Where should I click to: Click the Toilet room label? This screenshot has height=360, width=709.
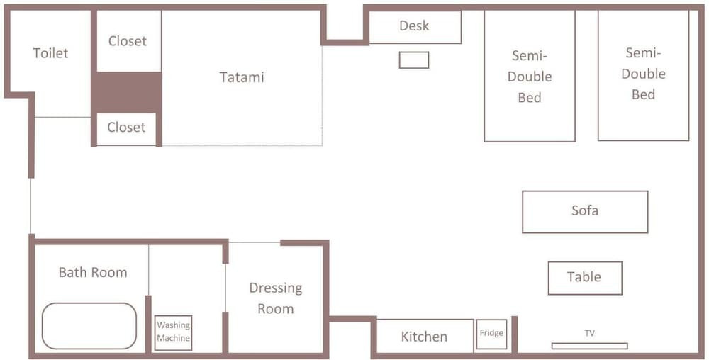50,53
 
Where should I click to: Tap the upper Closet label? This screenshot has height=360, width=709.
128,41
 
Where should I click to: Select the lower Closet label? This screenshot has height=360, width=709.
127,128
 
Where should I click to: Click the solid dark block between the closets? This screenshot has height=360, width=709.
127,92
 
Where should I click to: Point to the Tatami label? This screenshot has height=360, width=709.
242,77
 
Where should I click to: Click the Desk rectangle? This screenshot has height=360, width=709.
415,27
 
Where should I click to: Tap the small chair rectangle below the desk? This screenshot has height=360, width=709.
414,60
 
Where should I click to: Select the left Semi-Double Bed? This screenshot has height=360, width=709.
530,76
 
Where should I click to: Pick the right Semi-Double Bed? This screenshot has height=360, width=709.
644,75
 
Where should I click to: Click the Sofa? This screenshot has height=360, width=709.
585,212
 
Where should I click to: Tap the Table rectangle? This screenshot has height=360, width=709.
585,278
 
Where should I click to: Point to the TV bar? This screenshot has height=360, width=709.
590,346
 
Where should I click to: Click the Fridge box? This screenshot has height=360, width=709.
491,334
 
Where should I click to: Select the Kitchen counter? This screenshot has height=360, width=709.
425,337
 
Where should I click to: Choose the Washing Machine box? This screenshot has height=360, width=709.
173,332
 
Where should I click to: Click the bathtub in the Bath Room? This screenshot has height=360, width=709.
89,326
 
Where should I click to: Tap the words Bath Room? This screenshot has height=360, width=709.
93,272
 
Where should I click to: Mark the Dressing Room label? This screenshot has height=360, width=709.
275,298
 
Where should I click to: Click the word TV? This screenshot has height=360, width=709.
590,333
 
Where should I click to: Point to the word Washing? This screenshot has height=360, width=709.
174,325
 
